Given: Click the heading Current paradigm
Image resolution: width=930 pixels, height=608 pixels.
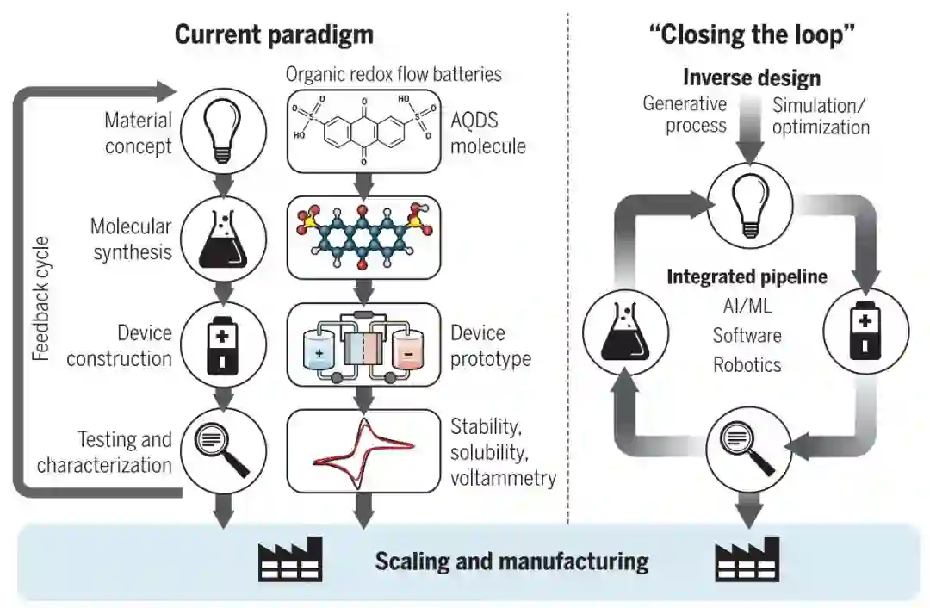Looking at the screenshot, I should pos(274,34).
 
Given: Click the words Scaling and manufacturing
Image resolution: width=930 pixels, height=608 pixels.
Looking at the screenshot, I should pos(512,562).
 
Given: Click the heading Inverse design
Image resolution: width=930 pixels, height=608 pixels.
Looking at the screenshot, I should pos(751,78).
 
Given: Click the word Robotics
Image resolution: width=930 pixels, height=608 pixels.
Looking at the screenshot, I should pos(747,364).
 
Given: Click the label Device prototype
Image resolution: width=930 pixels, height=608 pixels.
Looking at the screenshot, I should pos(490,345).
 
